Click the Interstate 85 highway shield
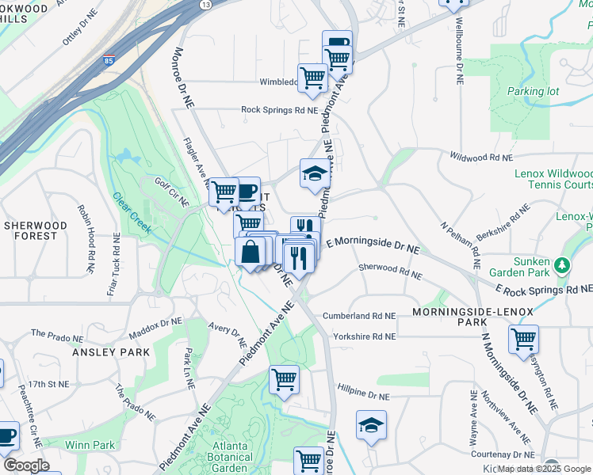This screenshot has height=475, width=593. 108,60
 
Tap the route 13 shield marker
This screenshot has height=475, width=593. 205,4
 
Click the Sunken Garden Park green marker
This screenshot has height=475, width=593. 563,264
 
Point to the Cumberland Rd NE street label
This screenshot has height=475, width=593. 359,316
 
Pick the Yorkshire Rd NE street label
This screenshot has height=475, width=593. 359,336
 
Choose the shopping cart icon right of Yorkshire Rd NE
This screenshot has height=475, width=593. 524,340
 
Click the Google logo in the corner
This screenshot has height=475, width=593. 26,465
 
